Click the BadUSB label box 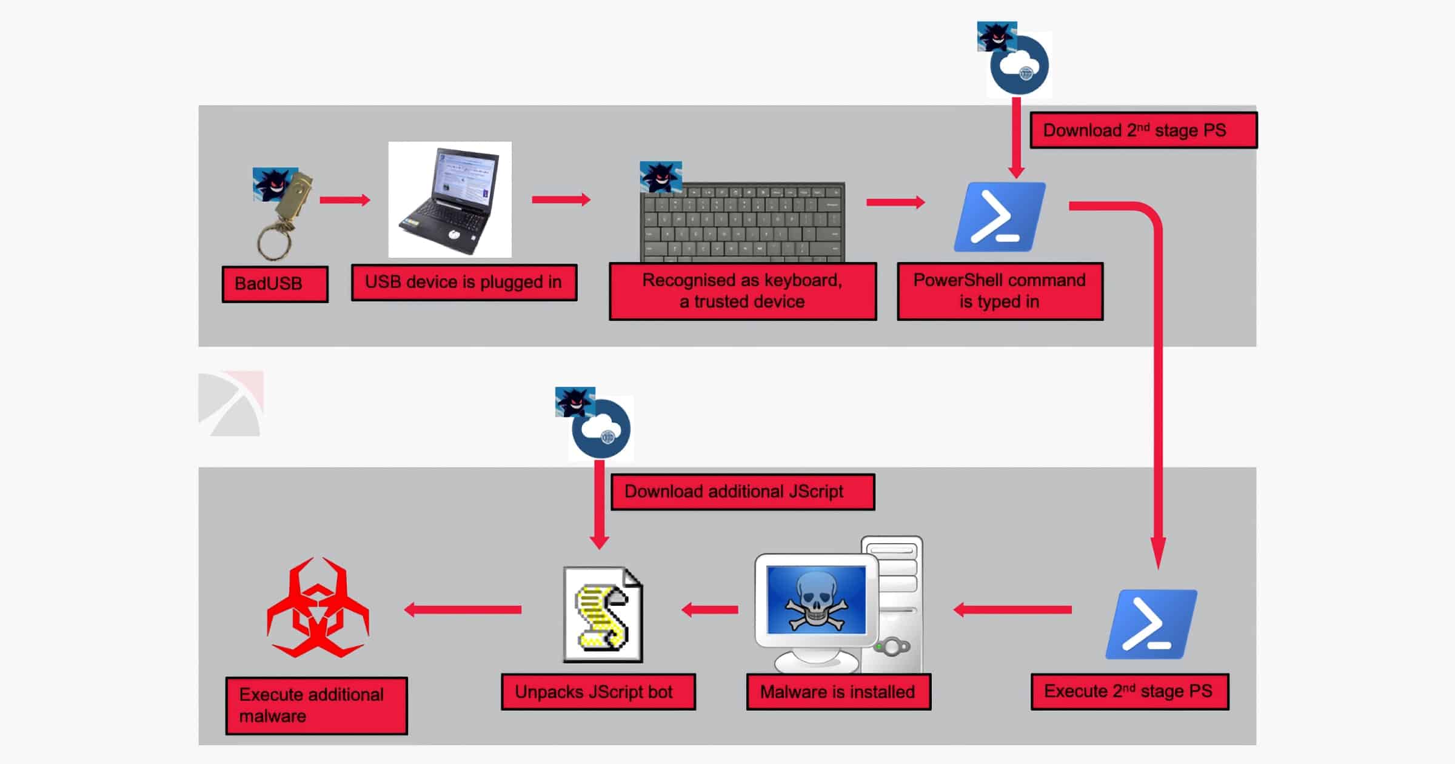click(275, 284)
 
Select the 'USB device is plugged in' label click(464, 282)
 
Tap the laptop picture click(449, 199)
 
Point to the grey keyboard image click(743, 221)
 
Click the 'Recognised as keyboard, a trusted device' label click(743, 291)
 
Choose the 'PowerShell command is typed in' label click(1000, 291)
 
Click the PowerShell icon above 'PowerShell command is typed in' click(1000, 216)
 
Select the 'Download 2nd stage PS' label click(1143, 130)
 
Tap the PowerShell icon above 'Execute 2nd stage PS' click(1151, 624)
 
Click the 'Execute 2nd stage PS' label click(1129, 691)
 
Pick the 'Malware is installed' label click(838, 692)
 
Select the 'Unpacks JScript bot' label click(598, 692)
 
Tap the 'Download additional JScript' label click(742, 492)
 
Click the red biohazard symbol click(318, 609)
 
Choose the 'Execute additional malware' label click(316, 705)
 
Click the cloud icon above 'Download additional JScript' click(601, 429)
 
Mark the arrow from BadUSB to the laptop click(344, 200)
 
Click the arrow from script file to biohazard click(463, 609)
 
